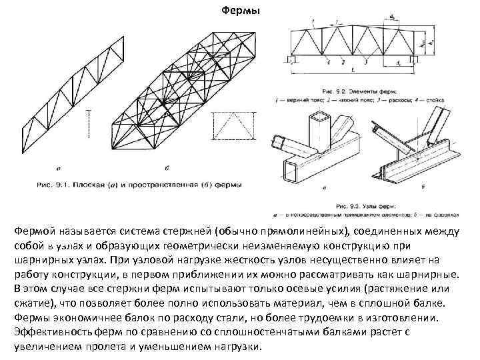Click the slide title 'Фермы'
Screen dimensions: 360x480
[240, 11]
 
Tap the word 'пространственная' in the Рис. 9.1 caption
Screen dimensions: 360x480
[150, 181]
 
